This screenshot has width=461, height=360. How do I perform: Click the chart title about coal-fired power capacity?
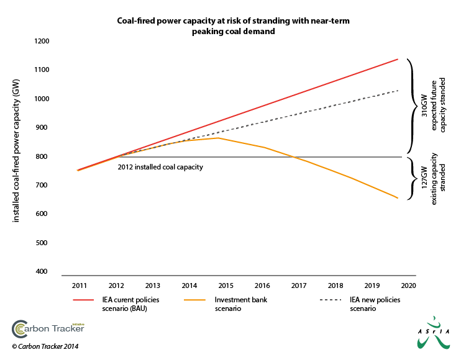pyautogui.click(x=234, y=26)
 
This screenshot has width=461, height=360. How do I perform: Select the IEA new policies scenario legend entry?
pyautogui.click(x=375, y=304)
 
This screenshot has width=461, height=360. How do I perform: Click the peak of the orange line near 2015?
pyautogui.click(x=217, y=138)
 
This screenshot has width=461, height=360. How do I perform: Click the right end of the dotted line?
pyautogui.click(x=398, y=90)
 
